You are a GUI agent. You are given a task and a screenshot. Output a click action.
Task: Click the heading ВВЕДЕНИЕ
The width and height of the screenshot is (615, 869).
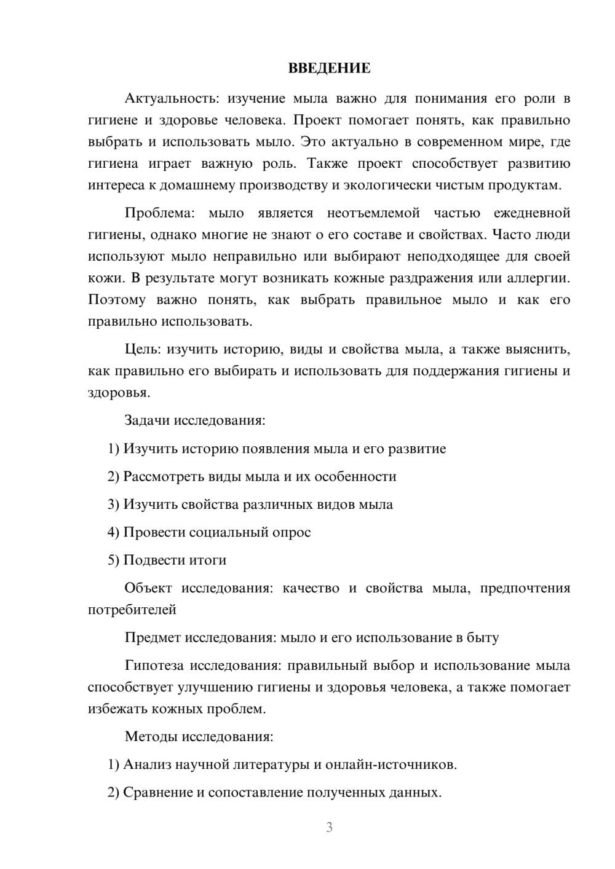coord(329,68)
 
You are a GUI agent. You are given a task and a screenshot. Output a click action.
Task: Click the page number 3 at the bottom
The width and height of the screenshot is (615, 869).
coord(329,827)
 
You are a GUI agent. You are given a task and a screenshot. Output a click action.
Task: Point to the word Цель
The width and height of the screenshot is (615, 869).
coord(142,350)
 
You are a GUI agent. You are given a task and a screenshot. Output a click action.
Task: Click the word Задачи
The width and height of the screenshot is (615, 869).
coord(148,421)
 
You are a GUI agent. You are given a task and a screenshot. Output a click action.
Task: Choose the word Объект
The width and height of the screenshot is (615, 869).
coord(148,588)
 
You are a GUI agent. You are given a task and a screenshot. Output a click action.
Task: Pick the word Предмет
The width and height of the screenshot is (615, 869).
coord(153,637)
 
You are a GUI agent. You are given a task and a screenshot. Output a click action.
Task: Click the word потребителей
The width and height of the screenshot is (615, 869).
coord(132,610)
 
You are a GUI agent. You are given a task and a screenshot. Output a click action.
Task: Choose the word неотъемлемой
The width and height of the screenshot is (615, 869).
coord(373,213)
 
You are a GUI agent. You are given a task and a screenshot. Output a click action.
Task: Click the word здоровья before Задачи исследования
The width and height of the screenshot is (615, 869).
coord(119,393)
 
